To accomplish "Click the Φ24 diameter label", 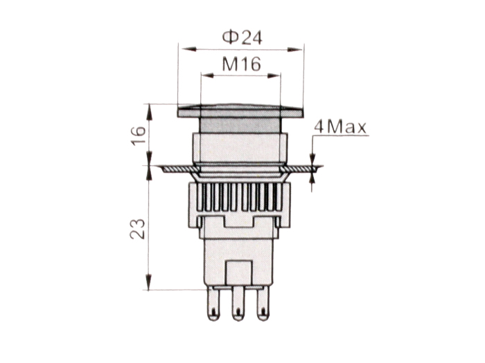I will coord(240,35).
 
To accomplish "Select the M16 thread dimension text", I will coord(240,65).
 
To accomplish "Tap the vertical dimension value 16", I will coord(138,135).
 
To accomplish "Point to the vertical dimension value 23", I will coord(138,228).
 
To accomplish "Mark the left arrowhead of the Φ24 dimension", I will coord(184,48).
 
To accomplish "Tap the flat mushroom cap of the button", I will coord(240,111).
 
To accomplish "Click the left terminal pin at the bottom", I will coord(215,304).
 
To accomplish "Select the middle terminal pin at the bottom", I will coord(239,304).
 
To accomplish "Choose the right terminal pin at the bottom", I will coord(263,304).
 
